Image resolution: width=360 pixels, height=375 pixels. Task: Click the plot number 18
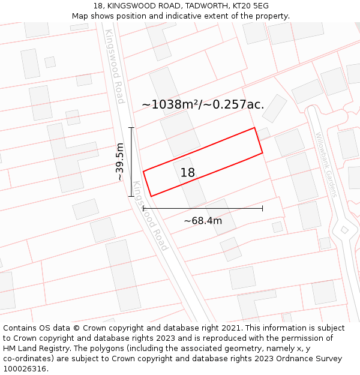tap(188, 173)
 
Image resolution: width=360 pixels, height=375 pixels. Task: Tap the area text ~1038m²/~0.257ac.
tap(203, 104)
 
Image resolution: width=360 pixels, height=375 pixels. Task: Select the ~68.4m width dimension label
tap(203, 221)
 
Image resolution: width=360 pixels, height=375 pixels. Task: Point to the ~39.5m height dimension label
tap(120, 162)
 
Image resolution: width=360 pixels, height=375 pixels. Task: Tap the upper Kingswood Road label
tap(114, 66)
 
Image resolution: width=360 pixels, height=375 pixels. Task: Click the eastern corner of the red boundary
tap(263, 153)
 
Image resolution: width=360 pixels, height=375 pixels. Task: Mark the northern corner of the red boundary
tap(254, 128)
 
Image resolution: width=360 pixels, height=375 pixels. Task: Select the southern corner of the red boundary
tap(151, 196)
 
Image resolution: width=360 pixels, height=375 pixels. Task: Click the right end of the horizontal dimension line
tap(262, 208)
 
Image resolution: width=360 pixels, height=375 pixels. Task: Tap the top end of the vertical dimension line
tap(131, 128)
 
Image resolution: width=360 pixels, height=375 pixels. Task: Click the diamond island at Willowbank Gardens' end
tap(344, 230)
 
